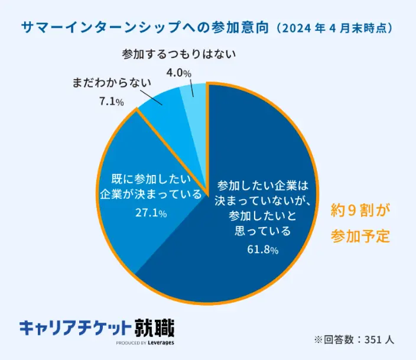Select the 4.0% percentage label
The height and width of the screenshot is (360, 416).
178,73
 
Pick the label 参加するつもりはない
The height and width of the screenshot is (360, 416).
178,54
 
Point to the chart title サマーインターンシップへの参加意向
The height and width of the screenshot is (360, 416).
146,28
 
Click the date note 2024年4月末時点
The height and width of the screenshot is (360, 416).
335,28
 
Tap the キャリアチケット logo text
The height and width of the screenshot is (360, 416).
76,328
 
